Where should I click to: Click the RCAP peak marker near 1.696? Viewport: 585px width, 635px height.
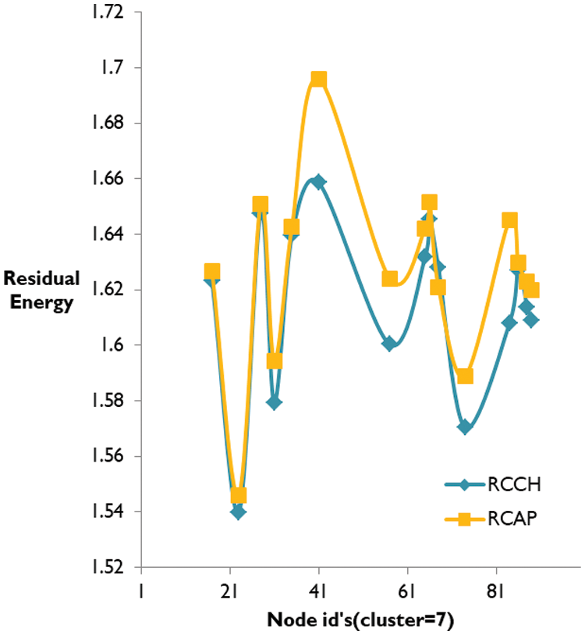(x=318, y=80)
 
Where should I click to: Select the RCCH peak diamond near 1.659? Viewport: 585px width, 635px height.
(x=318, y=182)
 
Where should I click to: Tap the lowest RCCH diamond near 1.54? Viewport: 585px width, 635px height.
(x=238, y=512)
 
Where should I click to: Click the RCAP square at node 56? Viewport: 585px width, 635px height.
(x=390, y=279)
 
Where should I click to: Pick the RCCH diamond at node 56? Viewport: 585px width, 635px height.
(x=389, y=344)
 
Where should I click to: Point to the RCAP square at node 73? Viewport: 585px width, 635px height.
(x=465, y=376)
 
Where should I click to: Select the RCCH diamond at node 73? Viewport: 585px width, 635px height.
(x=465, y=427)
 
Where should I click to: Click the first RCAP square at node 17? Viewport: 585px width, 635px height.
(x=212, y=271)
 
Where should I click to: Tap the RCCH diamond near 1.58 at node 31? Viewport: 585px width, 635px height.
(x=274, y=402)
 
